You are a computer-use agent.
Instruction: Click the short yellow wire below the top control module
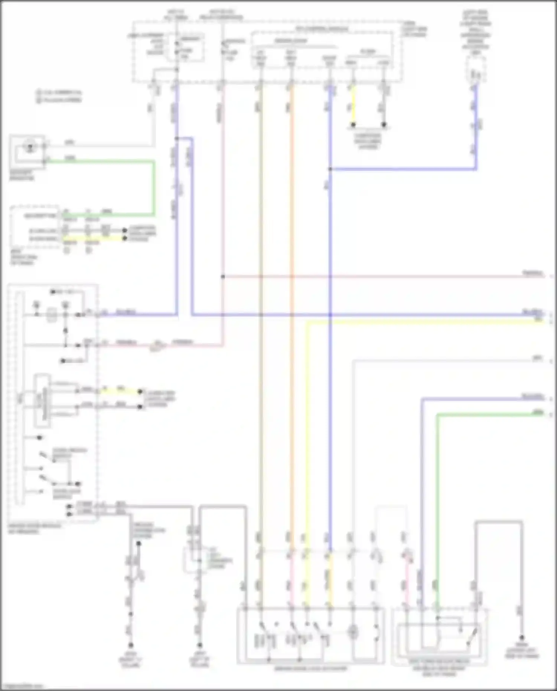tap(353, 106)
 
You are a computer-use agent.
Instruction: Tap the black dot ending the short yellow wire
tap(353, 125)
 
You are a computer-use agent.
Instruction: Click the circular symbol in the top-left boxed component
tap(29, 147)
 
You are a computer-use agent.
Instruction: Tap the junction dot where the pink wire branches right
tap(223, 277)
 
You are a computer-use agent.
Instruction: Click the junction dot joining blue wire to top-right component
tap(330, 169)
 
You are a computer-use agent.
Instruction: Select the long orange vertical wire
tap(291, 297)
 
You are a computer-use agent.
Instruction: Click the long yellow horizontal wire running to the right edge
tap(427, 322)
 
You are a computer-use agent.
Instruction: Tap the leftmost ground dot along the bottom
tap(130, 645)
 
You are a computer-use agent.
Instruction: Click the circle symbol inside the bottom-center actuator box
tap(354, 631)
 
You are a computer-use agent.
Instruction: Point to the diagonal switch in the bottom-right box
tap(472, 637)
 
